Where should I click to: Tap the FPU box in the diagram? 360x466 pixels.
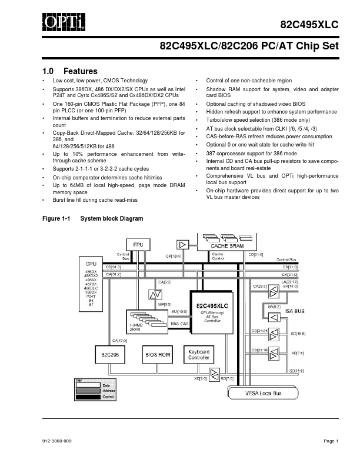pyautogui.click(x=138, y=244)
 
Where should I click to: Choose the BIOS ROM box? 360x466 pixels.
pyautogui.click(x=157, y=355)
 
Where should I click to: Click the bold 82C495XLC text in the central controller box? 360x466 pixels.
pyautogui.click(x=212, y=306)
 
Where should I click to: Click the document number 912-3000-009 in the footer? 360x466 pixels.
pyautogui.click(x=57, y=441)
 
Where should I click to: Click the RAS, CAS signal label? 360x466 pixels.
pyautogui.click(x=179, y=324)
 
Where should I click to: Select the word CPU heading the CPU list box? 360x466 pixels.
pyautogui.click(x=91, y=263)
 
